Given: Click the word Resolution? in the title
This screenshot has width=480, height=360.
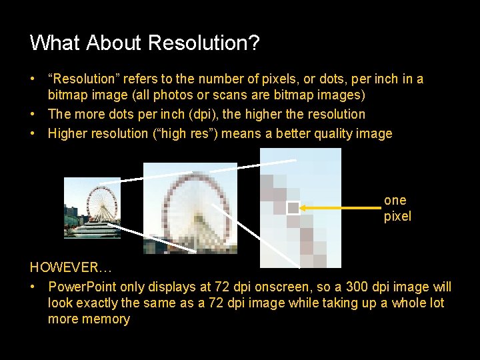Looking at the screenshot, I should pyautogui.click(x=204, y=43).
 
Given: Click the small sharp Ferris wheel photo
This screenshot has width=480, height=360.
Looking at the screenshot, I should pyautogui.click(x=92, y=208).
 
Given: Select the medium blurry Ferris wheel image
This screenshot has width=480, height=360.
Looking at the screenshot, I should pyautogui.click(x=190, y=208).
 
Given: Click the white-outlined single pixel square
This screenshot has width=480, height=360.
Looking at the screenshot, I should pyautogui.click(x=293, y=208).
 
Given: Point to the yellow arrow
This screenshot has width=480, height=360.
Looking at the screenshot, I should pyautogui.click(x=340, y=208).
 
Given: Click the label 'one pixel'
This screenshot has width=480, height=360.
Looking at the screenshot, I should pyautogui.click(x=397, y=208).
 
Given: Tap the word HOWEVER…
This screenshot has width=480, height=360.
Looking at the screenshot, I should pyautogui.click(x=71, y=268).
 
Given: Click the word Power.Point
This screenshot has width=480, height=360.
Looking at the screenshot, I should pyautogui.click(x=81, y=287).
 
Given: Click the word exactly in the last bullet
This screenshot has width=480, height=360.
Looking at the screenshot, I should pyautogui.click(x=101, y=303).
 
